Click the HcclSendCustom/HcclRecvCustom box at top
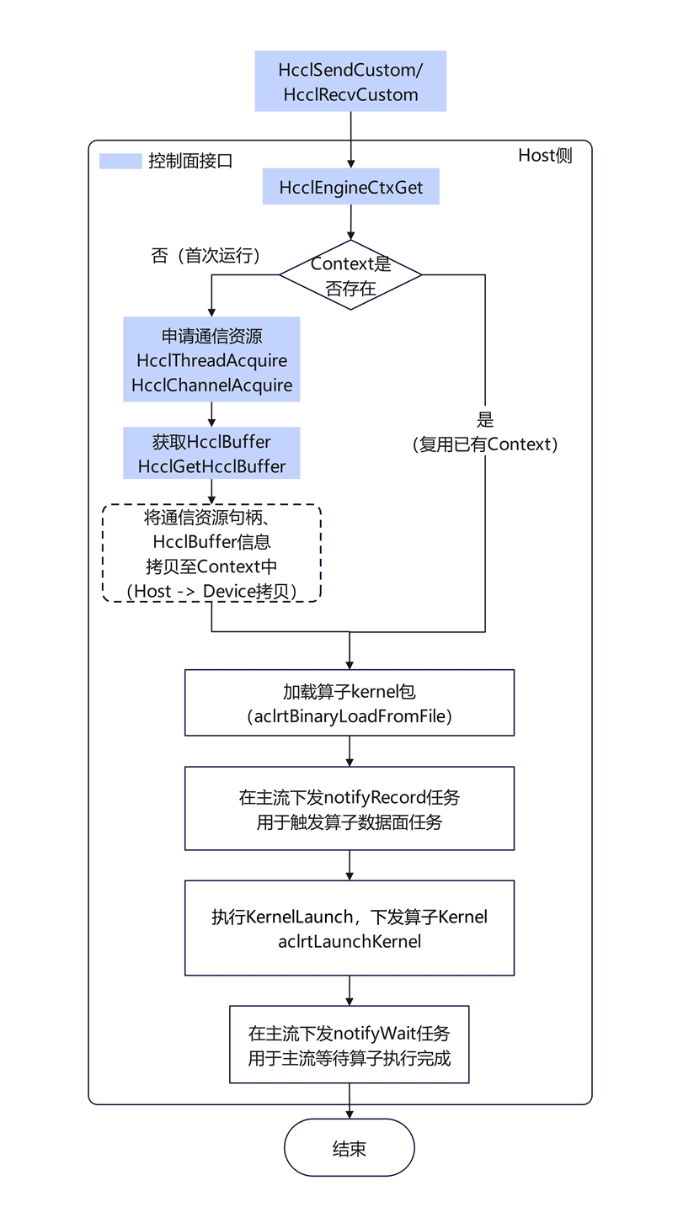pos(350,82)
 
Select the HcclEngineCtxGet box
pos(350,186)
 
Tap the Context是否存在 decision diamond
pos(350,274)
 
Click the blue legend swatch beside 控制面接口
pos(120,161)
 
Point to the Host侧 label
pos(544,156)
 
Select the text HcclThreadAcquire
pos(211,361)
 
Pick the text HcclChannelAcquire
pos(211,386)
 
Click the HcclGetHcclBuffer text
pos(211,466)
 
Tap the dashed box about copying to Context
pos(211,553)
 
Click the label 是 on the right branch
pos(485,420)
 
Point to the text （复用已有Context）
pos(485,444)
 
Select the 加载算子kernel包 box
pos(349,703)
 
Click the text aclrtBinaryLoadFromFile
pos(349,717)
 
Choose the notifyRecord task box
pos(349,809)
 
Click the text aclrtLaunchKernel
pos(349,942)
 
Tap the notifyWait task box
pos(349,1045)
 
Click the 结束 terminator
pos(349,1149)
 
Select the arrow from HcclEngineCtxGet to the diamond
pos(350,221)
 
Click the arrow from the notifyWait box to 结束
pos(349,1101)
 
